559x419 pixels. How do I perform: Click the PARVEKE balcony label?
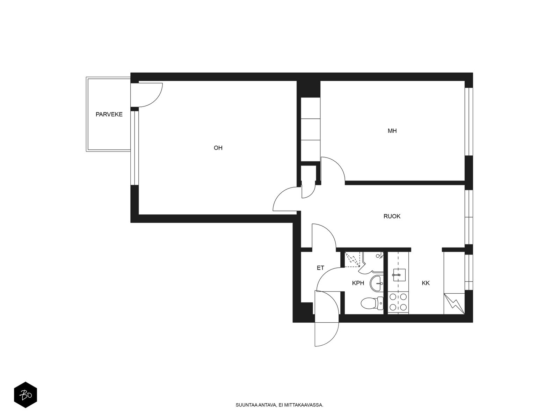[x=109, y=115]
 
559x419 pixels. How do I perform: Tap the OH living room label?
[x=218, y=148]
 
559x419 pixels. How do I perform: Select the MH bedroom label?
[x=392, y=131]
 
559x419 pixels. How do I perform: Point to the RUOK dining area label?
[x=392, y=216]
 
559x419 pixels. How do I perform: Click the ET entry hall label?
[x=320, y=268]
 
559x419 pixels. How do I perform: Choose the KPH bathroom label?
[x=358, y=283]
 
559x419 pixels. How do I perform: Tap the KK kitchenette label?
[x=426, y=283]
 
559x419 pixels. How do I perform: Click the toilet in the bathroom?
[x=372, y=303]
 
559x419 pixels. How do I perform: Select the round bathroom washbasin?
[x=377, y=283]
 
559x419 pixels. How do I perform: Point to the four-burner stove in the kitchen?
[x=398, y=302]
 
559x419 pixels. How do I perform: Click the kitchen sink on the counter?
[x=399, y=275]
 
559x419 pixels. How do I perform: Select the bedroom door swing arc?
[x=338, y=164]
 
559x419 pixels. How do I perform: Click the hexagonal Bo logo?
[x=26, y=395]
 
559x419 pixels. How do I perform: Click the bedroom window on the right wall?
[x=469, y=122]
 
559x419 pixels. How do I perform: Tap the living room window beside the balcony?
[x=135, y=148]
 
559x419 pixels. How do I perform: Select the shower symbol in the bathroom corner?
[x=352, y=260]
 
